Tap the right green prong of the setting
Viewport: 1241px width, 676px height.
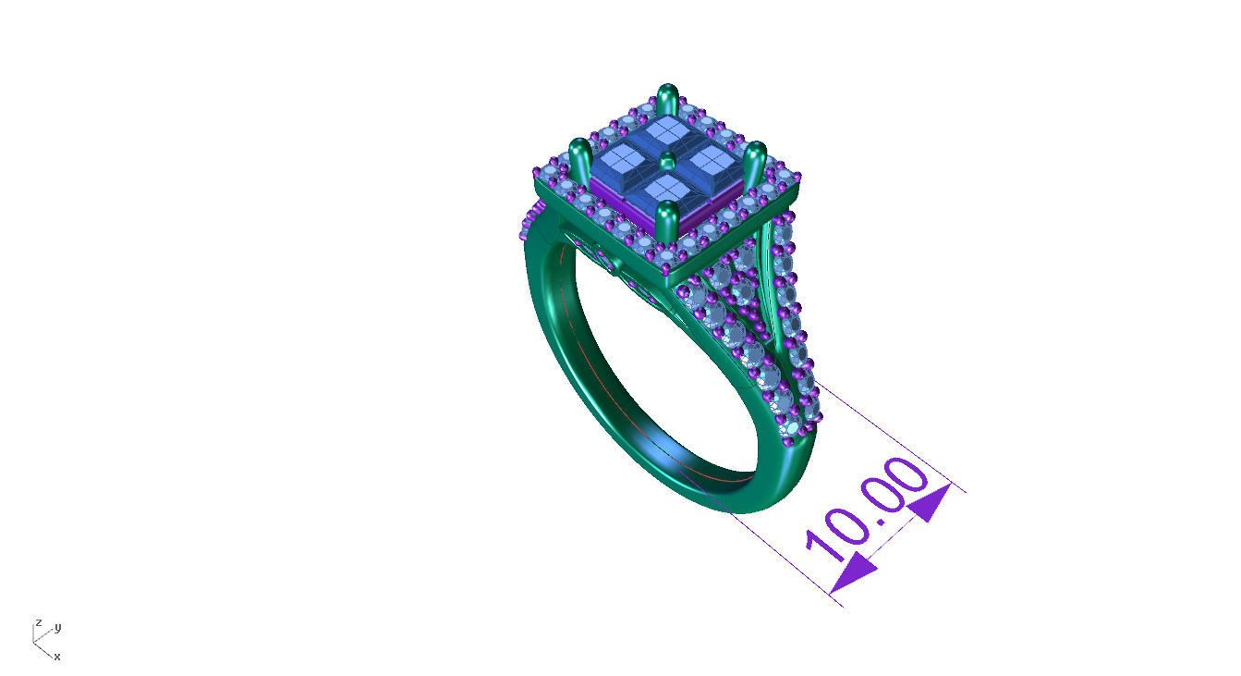(x=755, y=163)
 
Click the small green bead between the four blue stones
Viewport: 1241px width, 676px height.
(x=667, y=163)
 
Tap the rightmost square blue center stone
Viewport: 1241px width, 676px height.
(x=711, y=164)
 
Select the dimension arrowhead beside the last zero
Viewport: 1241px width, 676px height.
(x=930, y=502)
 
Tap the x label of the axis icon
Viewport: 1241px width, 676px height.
(x=57, y=657)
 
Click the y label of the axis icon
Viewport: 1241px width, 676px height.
(x=57, y=628)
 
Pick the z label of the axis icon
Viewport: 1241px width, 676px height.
(x=38, y=622)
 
